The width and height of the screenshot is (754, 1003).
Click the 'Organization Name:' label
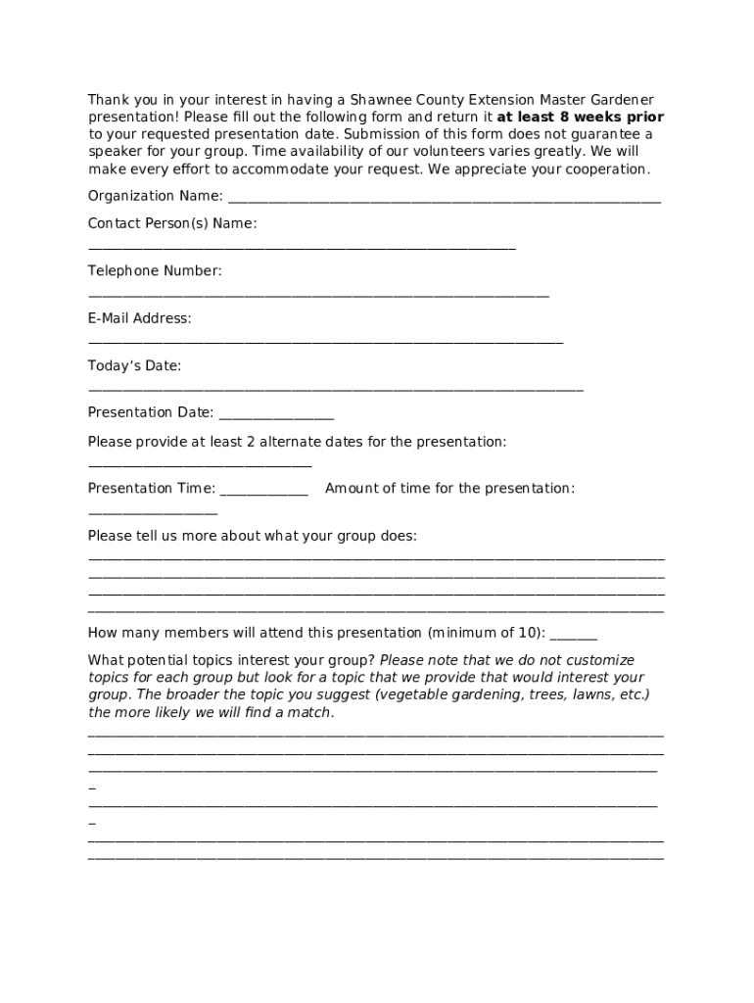coord(155,196)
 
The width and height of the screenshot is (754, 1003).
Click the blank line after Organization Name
coord(444,199)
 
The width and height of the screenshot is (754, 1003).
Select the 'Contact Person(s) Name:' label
coord(172,223)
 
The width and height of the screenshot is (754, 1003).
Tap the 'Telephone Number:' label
coord(155,270)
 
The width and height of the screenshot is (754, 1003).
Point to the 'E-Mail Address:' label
coord(140,318)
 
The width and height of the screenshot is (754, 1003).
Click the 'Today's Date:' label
coord(134,365)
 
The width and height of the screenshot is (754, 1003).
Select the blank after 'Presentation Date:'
coord(275,415)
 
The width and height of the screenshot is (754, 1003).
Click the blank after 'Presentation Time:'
coord(263,491)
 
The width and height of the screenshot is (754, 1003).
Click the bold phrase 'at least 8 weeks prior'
coord(580,117)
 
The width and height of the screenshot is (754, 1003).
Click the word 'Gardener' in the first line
coord(621,100)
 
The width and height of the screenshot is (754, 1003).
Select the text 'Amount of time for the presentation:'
coord(449,488)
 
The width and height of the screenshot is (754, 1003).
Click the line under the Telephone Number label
coord(318,294)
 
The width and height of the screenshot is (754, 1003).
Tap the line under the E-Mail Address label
coord(325,342)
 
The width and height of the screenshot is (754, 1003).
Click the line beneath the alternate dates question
coord(200,465)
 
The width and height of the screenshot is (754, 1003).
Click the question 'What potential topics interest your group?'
coord(231,660)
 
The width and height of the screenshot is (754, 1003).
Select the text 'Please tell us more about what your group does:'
coord(252,536)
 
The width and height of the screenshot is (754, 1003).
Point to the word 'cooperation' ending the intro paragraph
coord(604,169)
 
